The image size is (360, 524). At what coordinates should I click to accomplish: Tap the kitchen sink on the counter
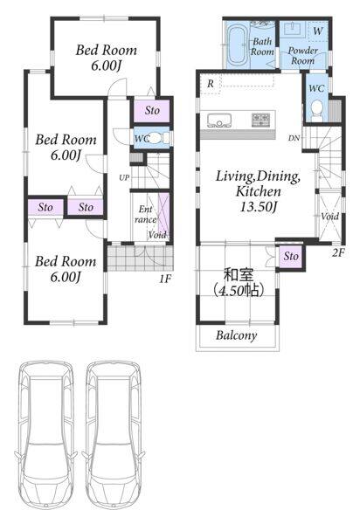coord(219,121)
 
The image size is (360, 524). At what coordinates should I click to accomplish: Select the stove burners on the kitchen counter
coord(260,120)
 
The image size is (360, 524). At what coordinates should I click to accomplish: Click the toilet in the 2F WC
coord(316,111)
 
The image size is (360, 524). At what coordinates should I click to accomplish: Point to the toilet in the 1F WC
coord(156,138)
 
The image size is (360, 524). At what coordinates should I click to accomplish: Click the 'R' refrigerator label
coord(211,84)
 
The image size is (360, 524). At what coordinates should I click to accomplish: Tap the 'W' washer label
coord(318,31)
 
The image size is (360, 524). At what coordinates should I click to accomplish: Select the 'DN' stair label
coord(294,138)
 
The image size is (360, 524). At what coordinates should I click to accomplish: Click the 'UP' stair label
coord(124,178)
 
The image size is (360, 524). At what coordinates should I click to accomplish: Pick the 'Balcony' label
coord(237,335)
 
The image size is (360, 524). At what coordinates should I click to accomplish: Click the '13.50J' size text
coord(259,207)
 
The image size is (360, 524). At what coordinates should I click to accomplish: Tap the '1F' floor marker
coord(165,278)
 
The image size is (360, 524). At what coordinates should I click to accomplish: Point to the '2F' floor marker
coord(338,252)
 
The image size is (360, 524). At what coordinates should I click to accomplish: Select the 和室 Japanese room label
coord(239,275)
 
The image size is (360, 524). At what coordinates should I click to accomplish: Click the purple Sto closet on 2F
coord(291,257)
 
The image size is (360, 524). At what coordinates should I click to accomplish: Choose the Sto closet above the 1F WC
coord(152,111)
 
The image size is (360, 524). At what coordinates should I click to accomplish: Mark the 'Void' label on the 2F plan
coord(330,217)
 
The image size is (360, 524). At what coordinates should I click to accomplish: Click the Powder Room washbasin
coord(293,29)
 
